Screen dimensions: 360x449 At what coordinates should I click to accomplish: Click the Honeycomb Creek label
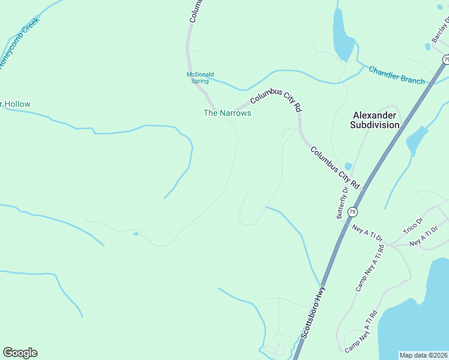[x=20, y=43]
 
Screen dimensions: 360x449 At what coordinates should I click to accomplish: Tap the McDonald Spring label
[x=200, y=77]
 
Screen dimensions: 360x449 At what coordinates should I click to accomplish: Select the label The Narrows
[x=227, y=113]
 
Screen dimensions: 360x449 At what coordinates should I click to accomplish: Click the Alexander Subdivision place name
[x=376, y=120]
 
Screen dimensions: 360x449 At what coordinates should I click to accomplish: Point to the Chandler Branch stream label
[x=396, y=76]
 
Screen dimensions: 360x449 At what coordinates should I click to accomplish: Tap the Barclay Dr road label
[x=440, y=31]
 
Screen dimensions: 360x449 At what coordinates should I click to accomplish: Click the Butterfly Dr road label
[x=342, y=203]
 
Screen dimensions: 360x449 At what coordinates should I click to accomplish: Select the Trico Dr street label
[x=414, y=226]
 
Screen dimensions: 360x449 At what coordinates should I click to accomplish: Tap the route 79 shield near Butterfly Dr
[x=352, y=212]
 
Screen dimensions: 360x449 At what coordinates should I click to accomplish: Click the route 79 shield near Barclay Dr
[x=446, y=59]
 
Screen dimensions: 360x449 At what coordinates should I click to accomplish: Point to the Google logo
[x=20, y=353]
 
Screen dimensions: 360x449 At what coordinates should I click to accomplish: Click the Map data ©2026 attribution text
[x=423, y=355]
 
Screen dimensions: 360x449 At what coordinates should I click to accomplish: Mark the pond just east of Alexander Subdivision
[x=416, y=141]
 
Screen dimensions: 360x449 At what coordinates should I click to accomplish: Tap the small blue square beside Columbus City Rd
[x=348, y=166]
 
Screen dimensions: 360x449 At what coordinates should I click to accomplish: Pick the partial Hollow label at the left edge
[x=15, y=104]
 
